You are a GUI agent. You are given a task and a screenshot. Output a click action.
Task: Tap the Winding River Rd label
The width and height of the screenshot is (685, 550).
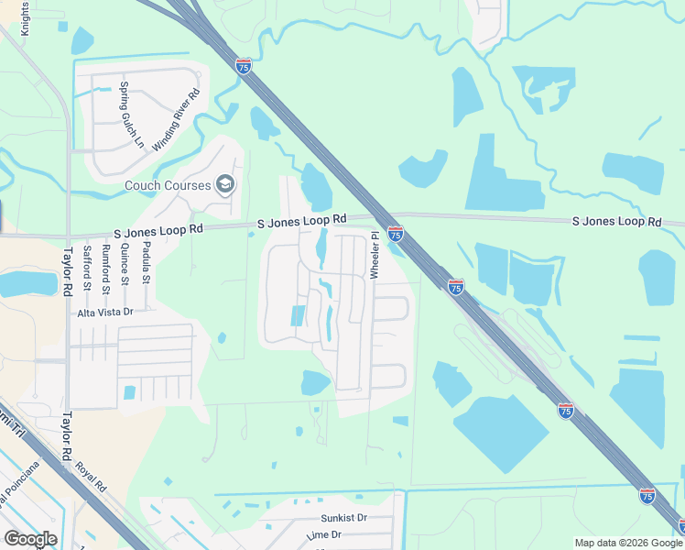175,120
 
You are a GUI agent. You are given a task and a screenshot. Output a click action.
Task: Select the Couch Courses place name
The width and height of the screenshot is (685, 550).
169,186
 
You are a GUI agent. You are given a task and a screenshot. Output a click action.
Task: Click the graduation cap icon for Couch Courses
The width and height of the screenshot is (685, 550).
225,186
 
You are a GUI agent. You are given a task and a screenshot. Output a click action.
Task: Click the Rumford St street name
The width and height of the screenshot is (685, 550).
107,271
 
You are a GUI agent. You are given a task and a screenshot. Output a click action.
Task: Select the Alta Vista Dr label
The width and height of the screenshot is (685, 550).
105,312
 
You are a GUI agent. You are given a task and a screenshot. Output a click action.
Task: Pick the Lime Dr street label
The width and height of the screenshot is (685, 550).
323,534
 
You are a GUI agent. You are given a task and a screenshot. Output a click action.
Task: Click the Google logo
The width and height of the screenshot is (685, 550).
30,539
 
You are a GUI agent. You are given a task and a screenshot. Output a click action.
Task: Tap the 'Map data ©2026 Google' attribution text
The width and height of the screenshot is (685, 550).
628,543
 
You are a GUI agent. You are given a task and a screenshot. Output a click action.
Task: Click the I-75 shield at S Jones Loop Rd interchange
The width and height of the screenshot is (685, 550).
395,234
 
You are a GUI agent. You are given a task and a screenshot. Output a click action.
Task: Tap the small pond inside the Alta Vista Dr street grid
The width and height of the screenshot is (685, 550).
129,392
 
